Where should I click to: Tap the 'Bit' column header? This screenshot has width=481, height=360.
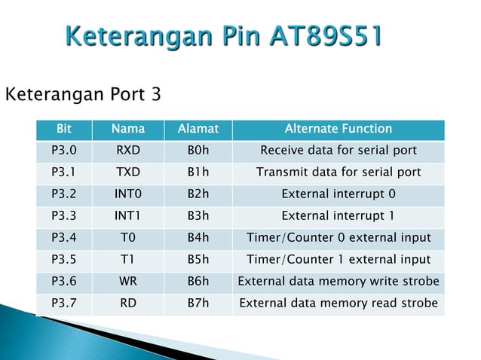coord(63,129)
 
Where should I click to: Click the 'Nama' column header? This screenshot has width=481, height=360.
coord(127,129)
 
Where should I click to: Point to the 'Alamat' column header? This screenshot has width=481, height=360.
coord(198,129)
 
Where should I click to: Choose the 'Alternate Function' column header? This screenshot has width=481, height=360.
coord(338,129)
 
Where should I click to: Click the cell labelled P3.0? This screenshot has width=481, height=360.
coord(63,151)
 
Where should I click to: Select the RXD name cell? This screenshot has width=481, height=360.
coord(127,151)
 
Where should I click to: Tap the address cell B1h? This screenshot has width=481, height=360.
coord(198,172)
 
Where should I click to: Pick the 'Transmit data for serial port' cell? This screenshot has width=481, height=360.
coord(338,172)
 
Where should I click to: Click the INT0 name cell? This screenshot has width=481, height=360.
coord(127,194)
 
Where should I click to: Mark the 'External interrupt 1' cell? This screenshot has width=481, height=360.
coord(338,216)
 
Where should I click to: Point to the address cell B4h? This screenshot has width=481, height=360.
coord(198,238)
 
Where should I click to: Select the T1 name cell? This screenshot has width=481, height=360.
coord(127,260)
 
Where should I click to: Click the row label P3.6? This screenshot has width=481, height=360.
coord(63,282)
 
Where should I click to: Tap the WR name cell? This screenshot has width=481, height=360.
coord(127,282)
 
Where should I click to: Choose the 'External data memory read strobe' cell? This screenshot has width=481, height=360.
coord(338,304)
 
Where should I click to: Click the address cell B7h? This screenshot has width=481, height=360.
coord(198,304)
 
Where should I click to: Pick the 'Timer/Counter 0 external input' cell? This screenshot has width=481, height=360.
coord(338,238)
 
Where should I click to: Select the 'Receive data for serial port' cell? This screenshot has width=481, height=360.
coord(338,151)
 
